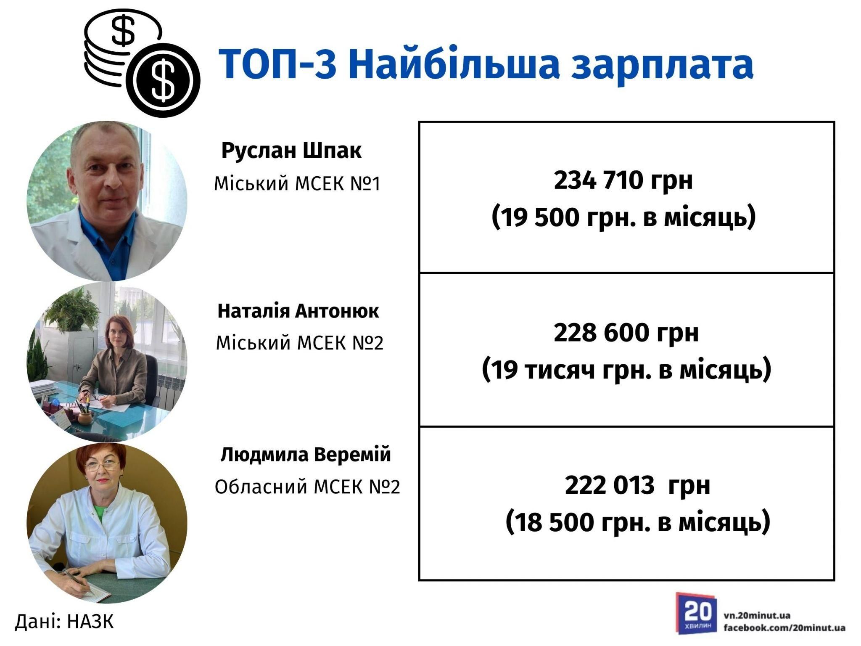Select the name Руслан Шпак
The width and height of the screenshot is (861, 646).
pyautogui.click(x=291, y=151)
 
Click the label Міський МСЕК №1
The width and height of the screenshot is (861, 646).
pyautogui.click(x=297, y=184)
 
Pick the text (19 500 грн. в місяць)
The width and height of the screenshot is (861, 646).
pyautogui.click(x=623, y=217)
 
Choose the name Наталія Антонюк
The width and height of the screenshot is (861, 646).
pyautogui.click(x=298, y=311)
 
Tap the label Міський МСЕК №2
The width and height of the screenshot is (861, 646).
pyautogui.click(x=299, y=344)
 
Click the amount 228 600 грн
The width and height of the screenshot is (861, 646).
pyautogui.click(x=626, y=333)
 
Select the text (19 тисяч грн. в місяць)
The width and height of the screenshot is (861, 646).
pyautogui.click(x=626, y=370)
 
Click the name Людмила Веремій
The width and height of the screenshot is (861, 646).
pyautogui.click(x=306, y=455)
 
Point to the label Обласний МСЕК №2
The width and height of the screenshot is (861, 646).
pyautogui.click(x=307, y=487)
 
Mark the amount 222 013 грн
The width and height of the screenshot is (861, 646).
pyautogui.click(x=637, y=485)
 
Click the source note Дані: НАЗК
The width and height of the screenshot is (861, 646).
pyautogui.click(x=64, y=622)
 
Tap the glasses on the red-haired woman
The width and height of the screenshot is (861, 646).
pyautogui.click(x=102, y=466)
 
